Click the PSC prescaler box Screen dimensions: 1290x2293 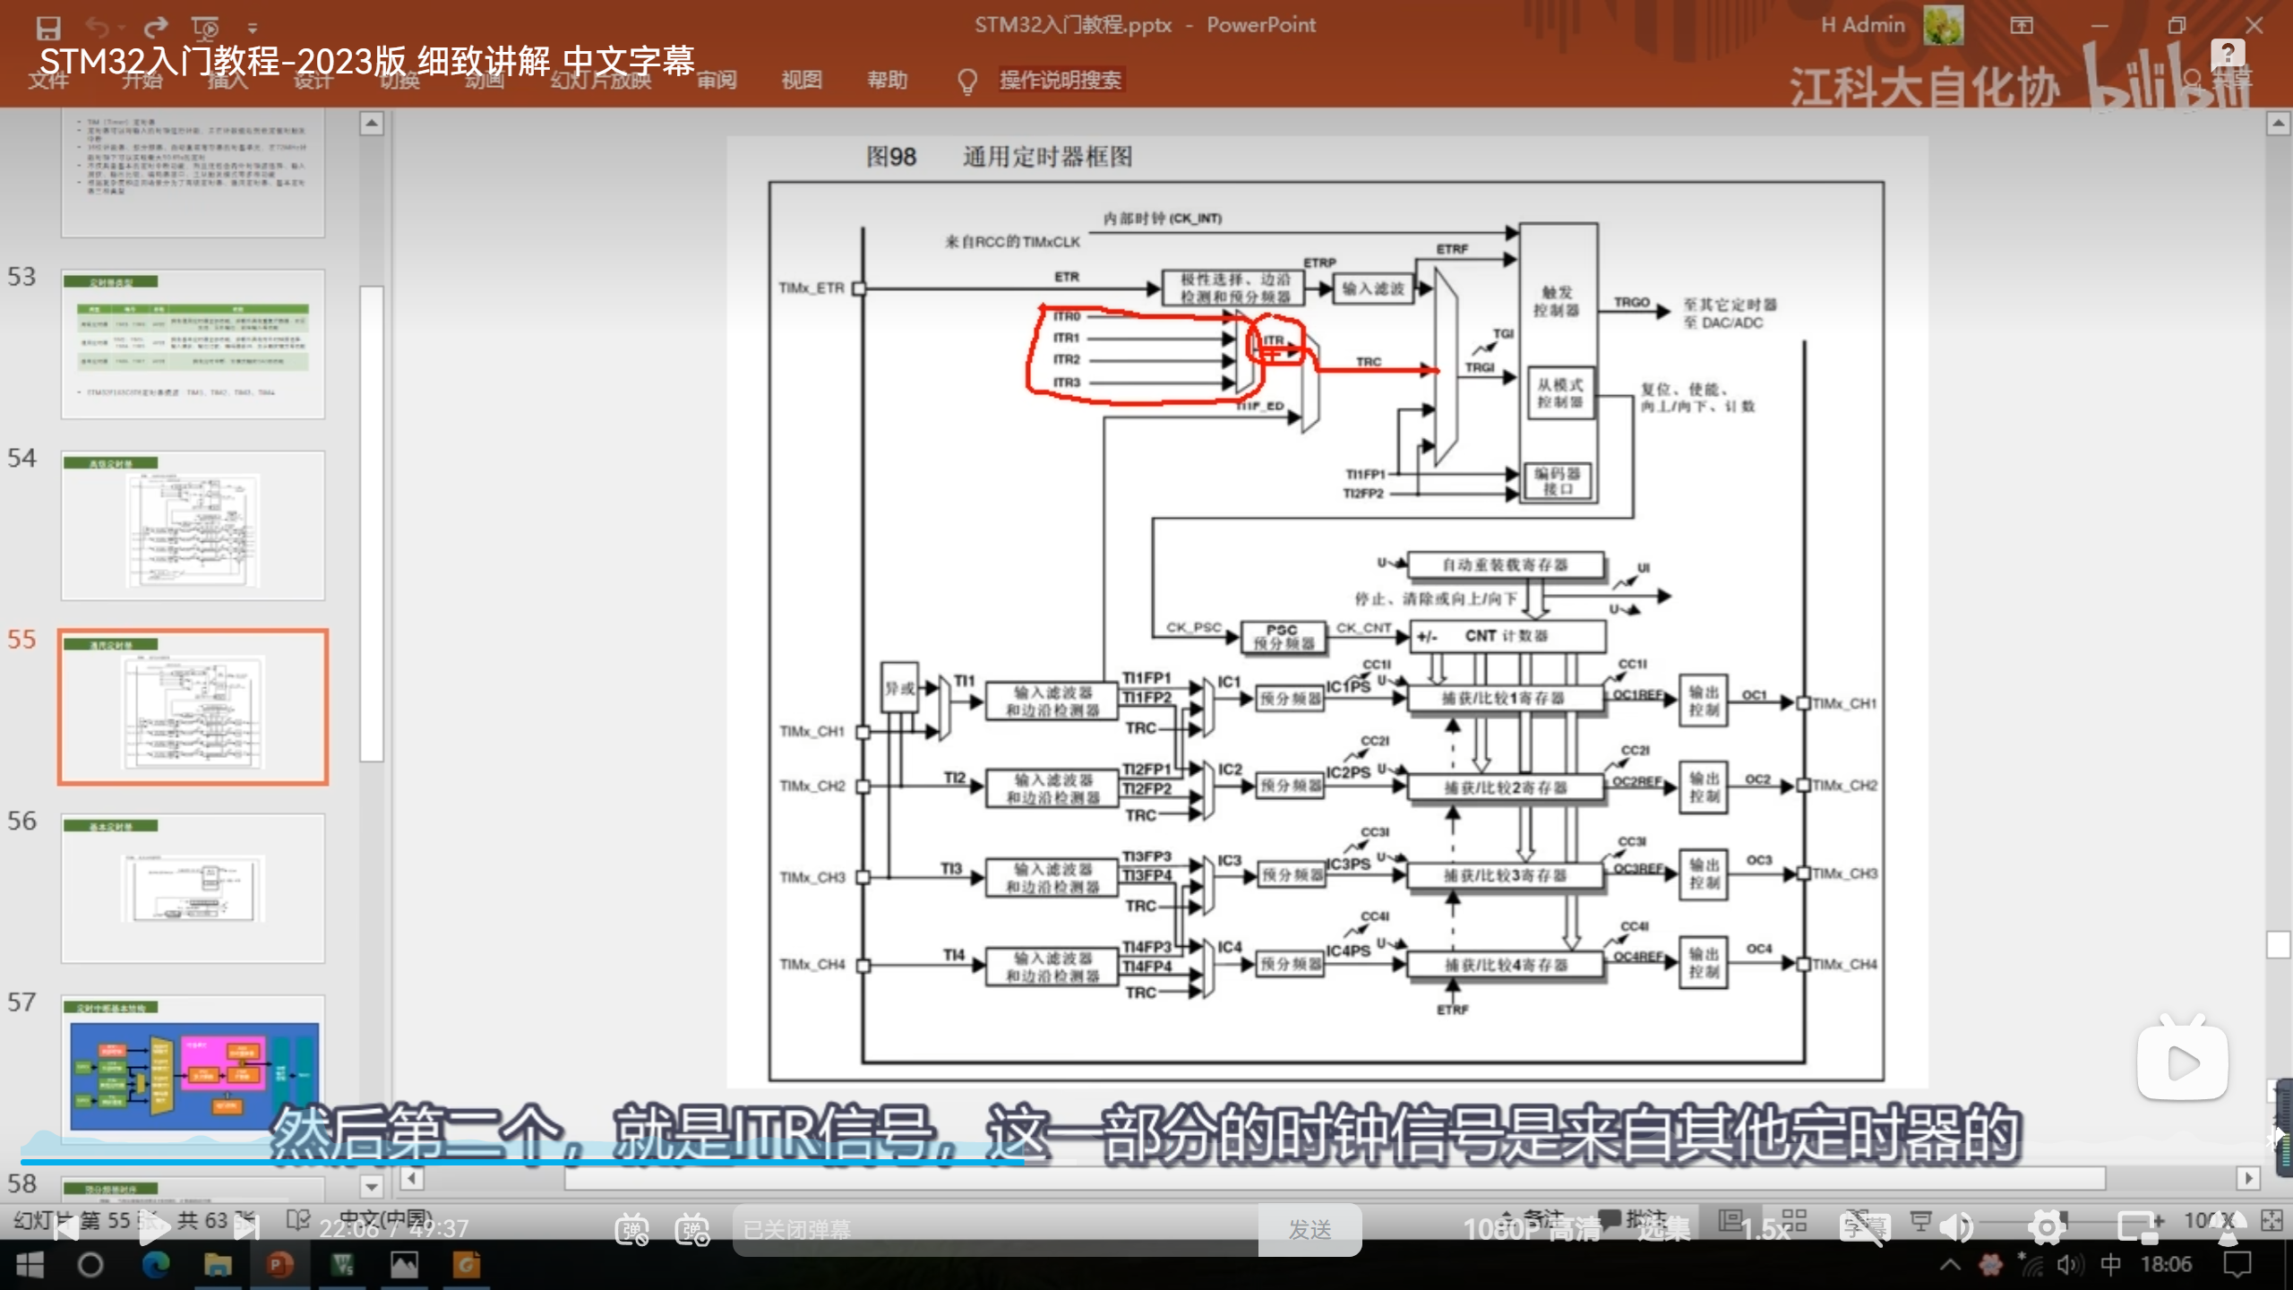point(1282,636)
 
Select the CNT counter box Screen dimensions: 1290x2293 point(1507,636)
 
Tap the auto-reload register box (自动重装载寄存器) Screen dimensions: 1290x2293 point(1505,565)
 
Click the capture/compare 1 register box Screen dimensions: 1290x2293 point(1504,699)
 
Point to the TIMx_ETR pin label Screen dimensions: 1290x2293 point(812,288)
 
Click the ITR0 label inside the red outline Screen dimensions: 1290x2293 point(1067,316)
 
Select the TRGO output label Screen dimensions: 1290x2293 point(1631,303)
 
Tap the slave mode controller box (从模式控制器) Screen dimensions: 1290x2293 point(1559,393)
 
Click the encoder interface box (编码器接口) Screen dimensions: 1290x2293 point(1558,481)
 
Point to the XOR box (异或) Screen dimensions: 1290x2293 point(899,688)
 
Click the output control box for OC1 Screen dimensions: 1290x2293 point(1703,701)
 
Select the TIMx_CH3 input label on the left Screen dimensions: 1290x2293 point(812,878)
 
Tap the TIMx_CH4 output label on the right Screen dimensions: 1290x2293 point(1844,965)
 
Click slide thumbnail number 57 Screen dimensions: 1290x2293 point(193,1066)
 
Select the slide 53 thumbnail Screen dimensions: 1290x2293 point(193,344)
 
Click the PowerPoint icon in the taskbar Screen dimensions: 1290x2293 point(279,1265)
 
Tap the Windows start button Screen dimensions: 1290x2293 point(30,1265)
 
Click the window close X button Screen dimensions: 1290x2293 point(2254,25)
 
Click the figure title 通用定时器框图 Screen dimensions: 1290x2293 point(1047,157)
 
